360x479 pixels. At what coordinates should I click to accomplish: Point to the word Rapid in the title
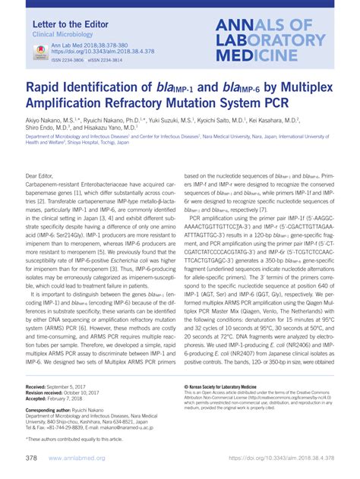click(47, 88)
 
